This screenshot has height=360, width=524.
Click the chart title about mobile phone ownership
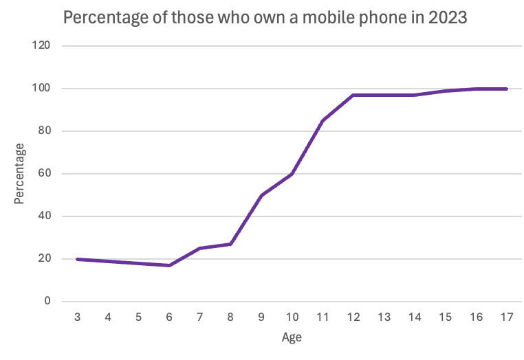coord(265,18)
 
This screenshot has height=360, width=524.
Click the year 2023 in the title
coord(448,18)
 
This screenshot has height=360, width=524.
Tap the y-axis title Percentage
coord(20,173)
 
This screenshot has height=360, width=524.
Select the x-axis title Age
coord(292,337)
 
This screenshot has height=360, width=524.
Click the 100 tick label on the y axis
coord(42,89)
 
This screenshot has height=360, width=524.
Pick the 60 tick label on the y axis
coord(45,174)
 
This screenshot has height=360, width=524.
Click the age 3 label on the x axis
coord(77,317)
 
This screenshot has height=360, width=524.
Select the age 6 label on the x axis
coord(169,317)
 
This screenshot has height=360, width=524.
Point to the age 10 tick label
coord(292,317)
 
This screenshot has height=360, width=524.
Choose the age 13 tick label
coord(384,317)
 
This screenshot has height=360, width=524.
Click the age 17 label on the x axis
coord(506,317)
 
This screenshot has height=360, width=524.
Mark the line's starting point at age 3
coord(77,259)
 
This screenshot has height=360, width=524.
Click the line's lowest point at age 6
coord(169,265)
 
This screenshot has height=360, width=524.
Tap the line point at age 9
coord(261,195)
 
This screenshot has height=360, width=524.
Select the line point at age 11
coord(323,121)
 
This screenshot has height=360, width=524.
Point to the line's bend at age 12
coord(353,95)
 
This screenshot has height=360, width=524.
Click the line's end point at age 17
coord(506,89)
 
